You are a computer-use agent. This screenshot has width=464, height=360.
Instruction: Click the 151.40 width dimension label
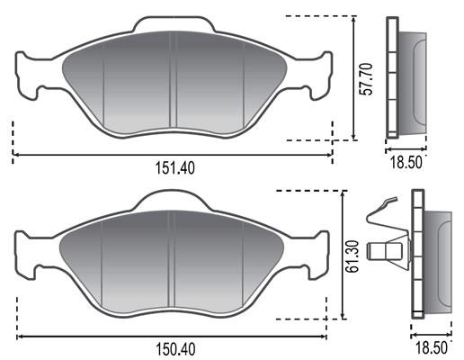point(175,168)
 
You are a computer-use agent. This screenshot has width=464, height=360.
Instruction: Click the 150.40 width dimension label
point(175,349)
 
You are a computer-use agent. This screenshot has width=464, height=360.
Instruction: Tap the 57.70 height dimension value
point(367,79)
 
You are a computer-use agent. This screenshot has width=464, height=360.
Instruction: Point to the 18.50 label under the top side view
point(406,162)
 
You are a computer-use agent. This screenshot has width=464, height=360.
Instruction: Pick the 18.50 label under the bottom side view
point(431,348)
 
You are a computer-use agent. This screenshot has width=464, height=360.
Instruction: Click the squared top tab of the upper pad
point(174,24)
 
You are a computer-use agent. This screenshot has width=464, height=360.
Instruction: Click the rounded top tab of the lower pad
point(171,200)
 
